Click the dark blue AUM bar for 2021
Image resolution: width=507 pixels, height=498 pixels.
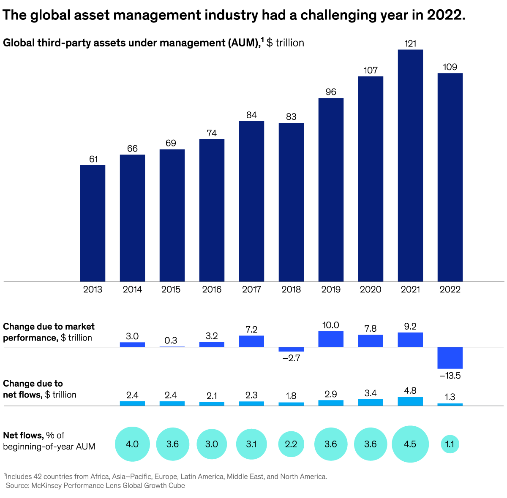pyautogui.click(x=410, y=165)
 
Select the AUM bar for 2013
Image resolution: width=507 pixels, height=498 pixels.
pyautogui.click(x=93, y=223)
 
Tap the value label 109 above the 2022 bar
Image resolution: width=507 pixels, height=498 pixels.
pyautogui.click(x=450, y=67)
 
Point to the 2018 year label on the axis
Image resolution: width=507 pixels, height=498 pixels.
pyautogui.click(x=291, y=290)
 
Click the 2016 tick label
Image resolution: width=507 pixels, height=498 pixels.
pyautogui.click(x=212, y=290)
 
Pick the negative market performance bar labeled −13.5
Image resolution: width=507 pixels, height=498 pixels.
pyautogui.click(x=450, y=358)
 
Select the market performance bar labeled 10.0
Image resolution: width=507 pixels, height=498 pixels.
pyautogui.click(x=331, y=339)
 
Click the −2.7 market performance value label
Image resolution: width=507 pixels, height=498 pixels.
pyautogui.click(x=291, y=358)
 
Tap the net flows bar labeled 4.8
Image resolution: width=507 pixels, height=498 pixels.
pyautogui.click(x=410, y=401)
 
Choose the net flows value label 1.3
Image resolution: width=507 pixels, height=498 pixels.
pyautogui.click(x=450, y=397)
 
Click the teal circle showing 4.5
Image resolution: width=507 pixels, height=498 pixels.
pyautogui.click(x=410, y=444)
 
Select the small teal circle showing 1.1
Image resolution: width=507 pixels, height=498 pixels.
pyautogui.click(x=450, y=444)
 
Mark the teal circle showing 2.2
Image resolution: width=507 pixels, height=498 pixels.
pyautogui.click(x=291, y=444)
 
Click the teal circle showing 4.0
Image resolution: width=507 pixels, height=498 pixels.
pyautogui.click(x=132, y=444)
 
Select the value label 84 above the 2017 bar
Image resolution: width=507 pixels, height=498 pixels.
pyautogui.click(x=251, y=115)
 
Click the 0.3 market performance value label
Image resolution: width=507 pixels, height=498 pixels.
pyautogui.click(x=171, y=341)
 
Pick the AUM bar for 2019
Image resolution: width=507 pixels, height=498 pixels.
pyautogui.click(x=331, y=190)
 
